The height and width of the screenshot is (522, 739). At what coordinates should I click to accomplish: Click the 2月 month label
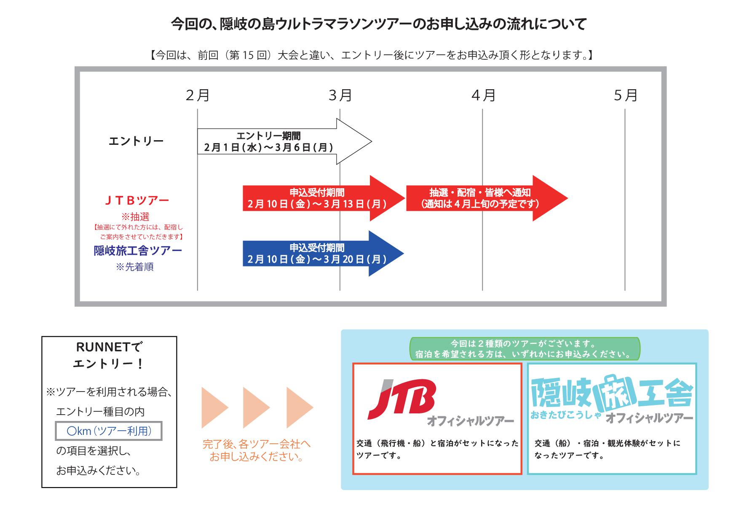[x=198, y=96]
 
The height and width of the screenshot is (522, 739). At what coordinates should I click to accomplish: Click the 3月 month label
[x=340, y=96]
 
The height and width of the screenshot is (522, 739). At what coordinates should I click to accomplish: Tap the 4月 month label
[x=483, y=96]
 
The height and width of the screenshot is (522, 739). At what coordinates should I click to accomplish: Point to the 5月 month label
[x=625, y=96]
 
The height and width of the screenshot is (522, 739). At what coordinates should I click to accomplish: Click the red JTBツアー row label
[x=137, y=200]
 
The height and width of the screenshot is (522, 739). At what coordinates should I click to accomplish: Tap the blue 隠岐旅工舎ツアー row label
[x=138, y=251]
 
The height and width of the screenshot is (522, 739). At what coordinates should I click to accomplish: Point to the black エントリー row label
[x=136, y=141]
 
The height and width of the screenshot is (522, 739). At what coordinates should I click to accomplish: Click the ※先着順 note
[x=135, y=267]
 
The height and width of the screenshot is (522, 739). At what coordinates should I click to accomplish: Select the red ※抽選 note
[x=136, y=217]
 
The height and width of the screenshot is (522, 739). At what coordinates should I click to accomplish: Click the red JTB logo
[x=402, y=399]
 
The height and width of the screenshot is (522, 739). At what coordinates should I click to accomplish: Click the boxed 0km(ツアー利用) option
[x=109, y=431]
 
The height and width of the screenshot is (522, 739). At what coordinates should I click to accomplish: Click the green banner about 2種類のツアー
[x=525, y=349]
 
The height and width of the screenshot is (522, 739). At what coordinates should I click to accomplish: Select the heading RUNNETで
[x=109, y=347]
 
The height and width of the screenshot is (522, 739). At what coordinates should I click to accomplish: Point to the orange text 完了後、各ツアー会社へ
[x=257, y=444]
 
